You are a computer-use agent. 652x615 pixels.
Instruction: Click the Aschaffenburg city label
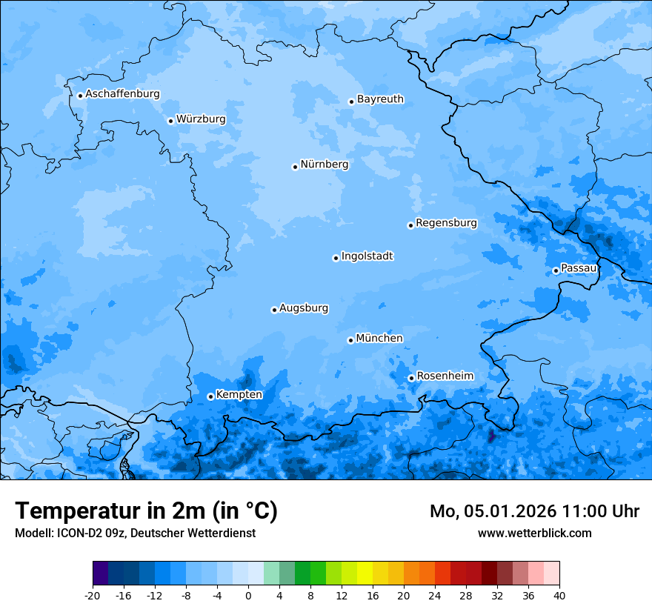[x=122, y=94]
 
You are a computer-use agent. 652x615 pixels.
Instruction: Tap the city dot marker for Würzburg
[x=170, y=121]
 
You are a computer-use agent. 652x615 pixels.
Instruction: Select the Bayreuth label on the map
[x=380, y=99]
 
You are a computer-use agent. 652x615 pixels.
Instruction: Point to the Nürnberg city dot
[x=295, y=167]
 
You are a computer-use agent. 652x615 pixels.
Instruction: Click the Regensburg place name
[x=446, y=223]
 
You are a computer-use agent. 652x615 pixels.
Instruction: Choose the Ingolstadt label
[x=367, y=256]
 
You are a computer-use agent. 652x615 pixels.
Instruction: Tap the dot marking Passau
[x=556, y=270]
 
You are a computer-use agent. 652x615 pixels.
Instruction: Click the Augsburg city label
[x=303, y=308]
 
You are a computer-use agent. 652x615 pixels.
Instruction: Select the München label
[x=379, y=339]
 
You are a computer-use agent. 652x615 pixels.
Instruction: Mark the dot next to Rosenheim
[x=411, y=378]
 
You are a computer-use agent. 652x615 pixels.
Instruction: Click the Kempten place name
[x=239, y=395]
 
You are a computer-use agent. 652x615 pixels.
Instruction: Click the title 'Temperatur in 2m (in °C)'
[x=146, y=511]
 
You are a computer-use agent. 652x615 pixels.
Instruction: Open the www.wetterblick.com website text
[x=534, y=533]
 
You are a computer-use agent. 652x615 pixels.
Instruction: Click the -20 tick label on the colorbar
[x=93, y=595]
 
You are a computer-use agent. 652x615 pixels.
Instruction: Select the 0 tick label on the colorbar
[x=248, y=595]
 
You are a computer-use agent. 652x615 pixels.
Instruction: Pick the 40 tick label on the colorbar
[x=559, y=595]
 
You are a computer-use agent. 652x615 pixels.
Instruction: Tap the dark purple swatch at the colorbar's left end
[x=101, y=574]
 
